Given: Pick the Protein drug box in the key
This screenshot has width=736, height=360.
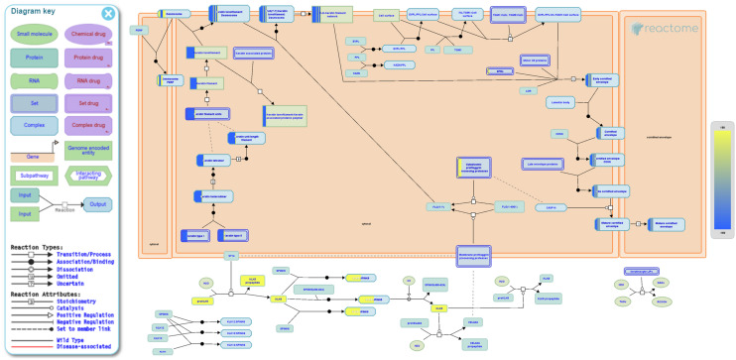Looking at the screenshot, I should pyautogui.click(x=88, y=60).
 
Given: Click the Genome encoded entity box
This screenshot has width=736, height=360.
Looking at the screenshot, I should pyautogui.click(x=88, y=150).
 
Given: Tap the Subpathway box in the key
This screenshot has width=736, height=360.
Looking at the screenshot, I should pyautogui.click(x=34, y=175).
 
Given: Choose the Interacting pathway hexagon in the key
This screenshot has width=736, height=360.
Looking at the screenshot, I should pyautogui.click(x=88, y=175).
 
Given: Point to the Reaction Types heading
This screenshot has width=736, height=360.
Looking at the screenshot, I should pyautogui.click(x=37, y=246).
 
